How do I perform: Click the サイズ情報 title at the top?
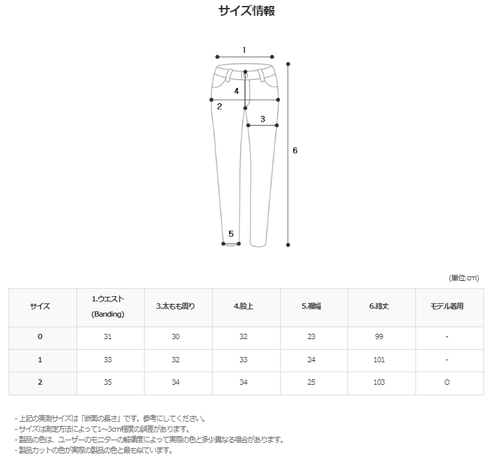pos(247,11)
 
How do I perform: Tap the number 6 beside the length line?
pos(295,151)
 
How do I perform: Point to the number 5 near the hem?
pos(231,234)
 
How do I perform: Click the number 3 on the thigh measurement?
pos(262,119)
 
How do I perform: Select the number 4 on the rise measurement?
pos(236,91)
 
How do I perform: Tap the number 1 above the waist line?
pos(244,50)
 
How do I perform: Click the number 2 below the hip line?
pos(219,106)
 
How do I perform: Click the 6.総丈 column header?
pos(379,306)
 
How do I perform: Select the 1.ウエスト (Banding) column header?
pos(108,306)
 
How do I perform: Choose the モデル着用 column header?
pos(446,306)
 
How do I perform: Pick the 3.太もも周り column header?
pos(176,306)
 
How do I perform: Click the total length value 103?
pos(379,382)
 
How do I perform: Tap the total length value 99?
pos(379,336)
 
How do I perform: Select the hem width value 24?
pos(311,360)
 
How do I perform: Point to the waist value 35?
pos(108,382)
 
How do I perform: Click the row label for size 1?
pos(40,360)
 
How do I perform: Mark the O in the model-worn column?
pos(446,382)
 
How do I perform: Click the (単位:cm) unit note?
pos(464,278)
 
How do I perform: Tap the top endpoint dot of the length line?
pos(288,64)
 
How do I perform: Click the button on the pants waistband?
pos(245,75)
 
